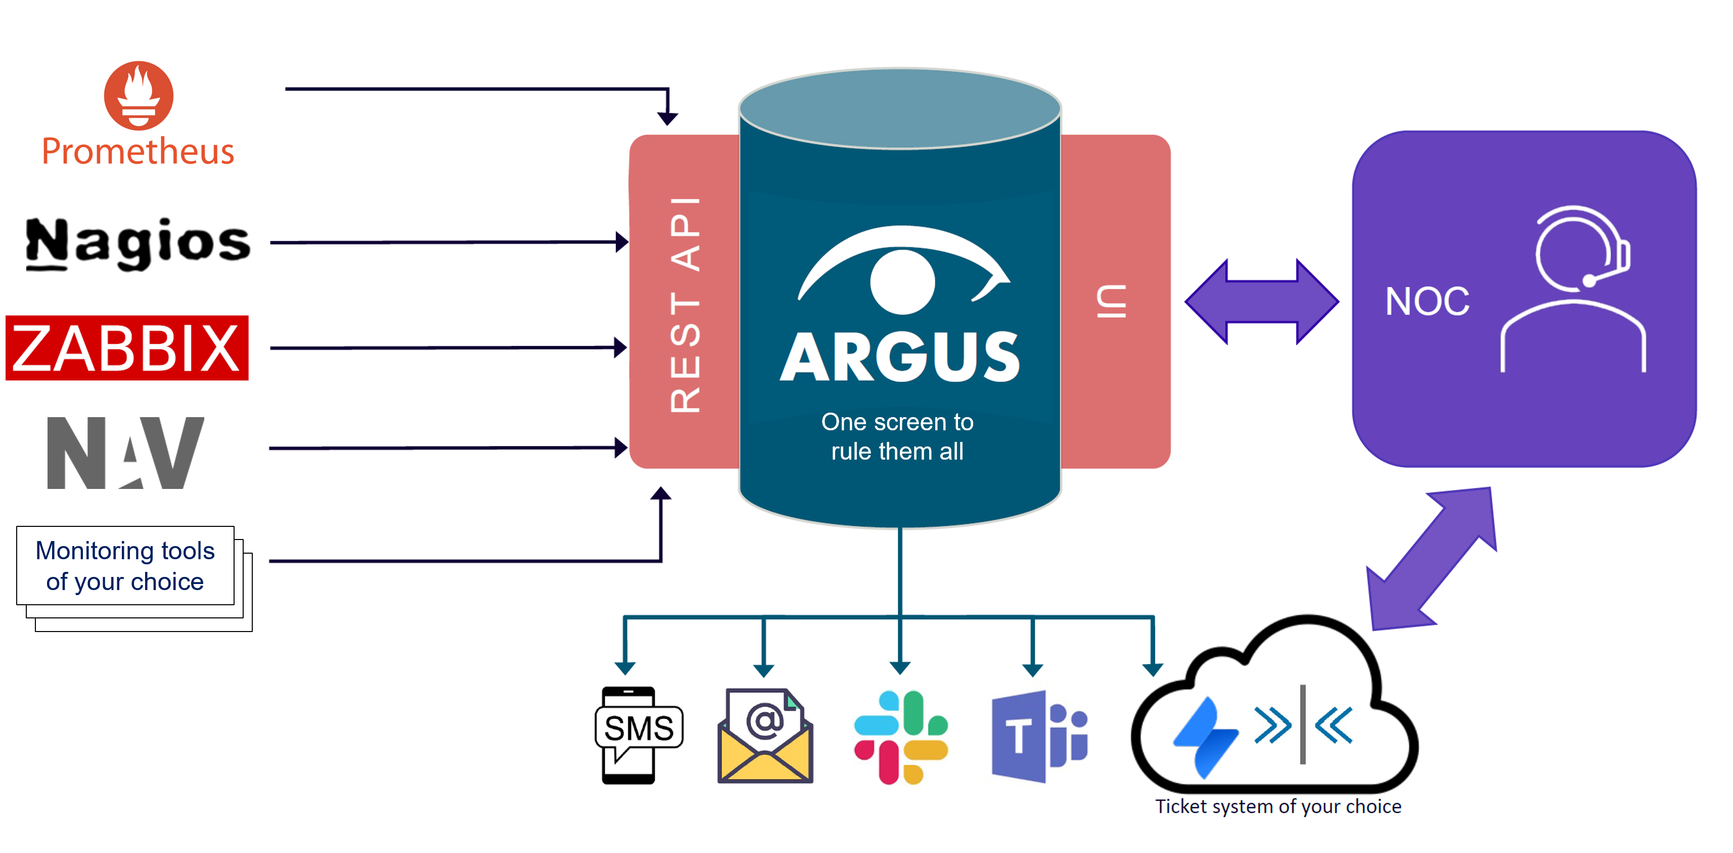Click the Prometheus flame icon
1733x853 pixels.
coord(139,96)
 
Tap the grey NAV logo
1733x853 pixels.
coord(125,452)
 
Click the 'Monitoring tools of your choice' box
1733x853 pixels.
coord(126,566)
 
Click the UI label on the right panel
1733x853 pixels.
coord(1111,301)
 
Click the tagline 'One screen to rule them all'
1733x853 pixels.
coord(897,436)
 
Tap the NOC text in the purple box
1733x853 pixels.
coord(1427,301)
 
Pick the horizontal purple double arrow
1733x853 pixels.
coord(1261,301)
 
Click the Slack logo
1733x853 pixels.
coord(901,737)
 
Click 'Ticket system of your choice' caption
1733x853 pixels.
coord(1278,806)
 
